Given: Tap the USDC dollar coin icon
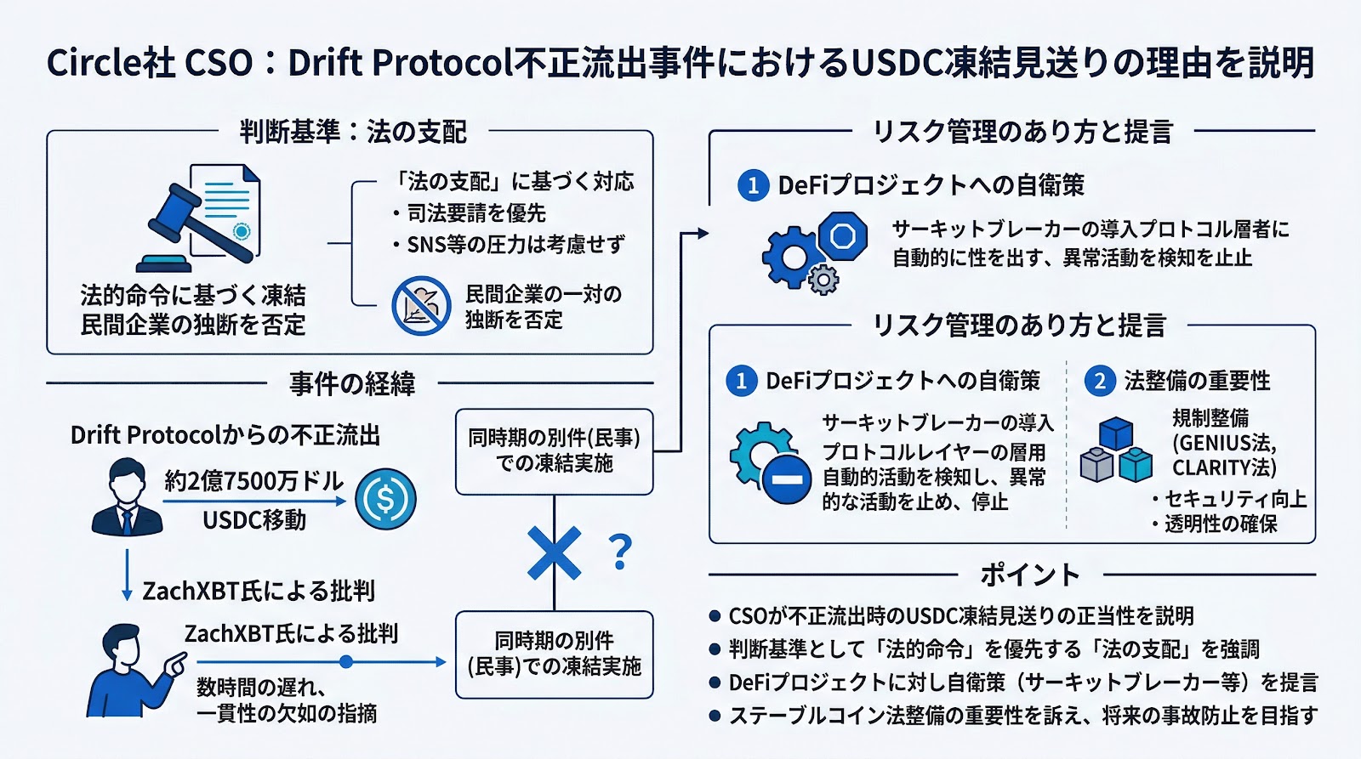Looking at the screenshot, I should click(x=385, y=499).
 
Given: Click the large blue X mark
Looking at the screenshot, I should click(x=554, y=553).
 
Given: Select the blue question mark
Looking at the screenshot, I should click(x=622, y=552).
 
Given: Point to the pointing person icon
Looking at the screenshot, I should click(x=136, y=671).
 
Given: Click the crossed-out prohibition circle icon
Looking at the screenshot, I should click(x=421, y=306).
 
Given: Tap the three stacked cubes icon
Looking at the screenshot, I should click(x=1116, y=450).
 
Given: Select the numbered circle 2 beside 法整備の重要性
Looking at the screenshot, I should click(x=1099, y=381).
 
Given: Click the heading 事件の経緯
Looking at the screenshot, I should click(x=352, y=384).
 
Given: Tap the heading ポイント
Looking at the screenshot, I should click(x=1030, y=575).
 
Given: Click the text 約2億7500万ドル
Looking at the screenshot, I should click(x=253, y=481).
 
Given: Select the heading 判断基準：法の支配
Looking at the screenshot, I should click(x=353, y=132).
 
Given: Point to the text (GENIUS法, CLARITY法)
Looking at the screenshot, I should click(x=1224, y=456).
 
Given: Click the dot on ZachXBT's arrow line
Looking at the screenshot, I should click(x=345, y=661).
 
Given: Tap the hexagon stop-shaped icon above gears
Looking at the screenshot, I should click(x=842, y=235).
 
